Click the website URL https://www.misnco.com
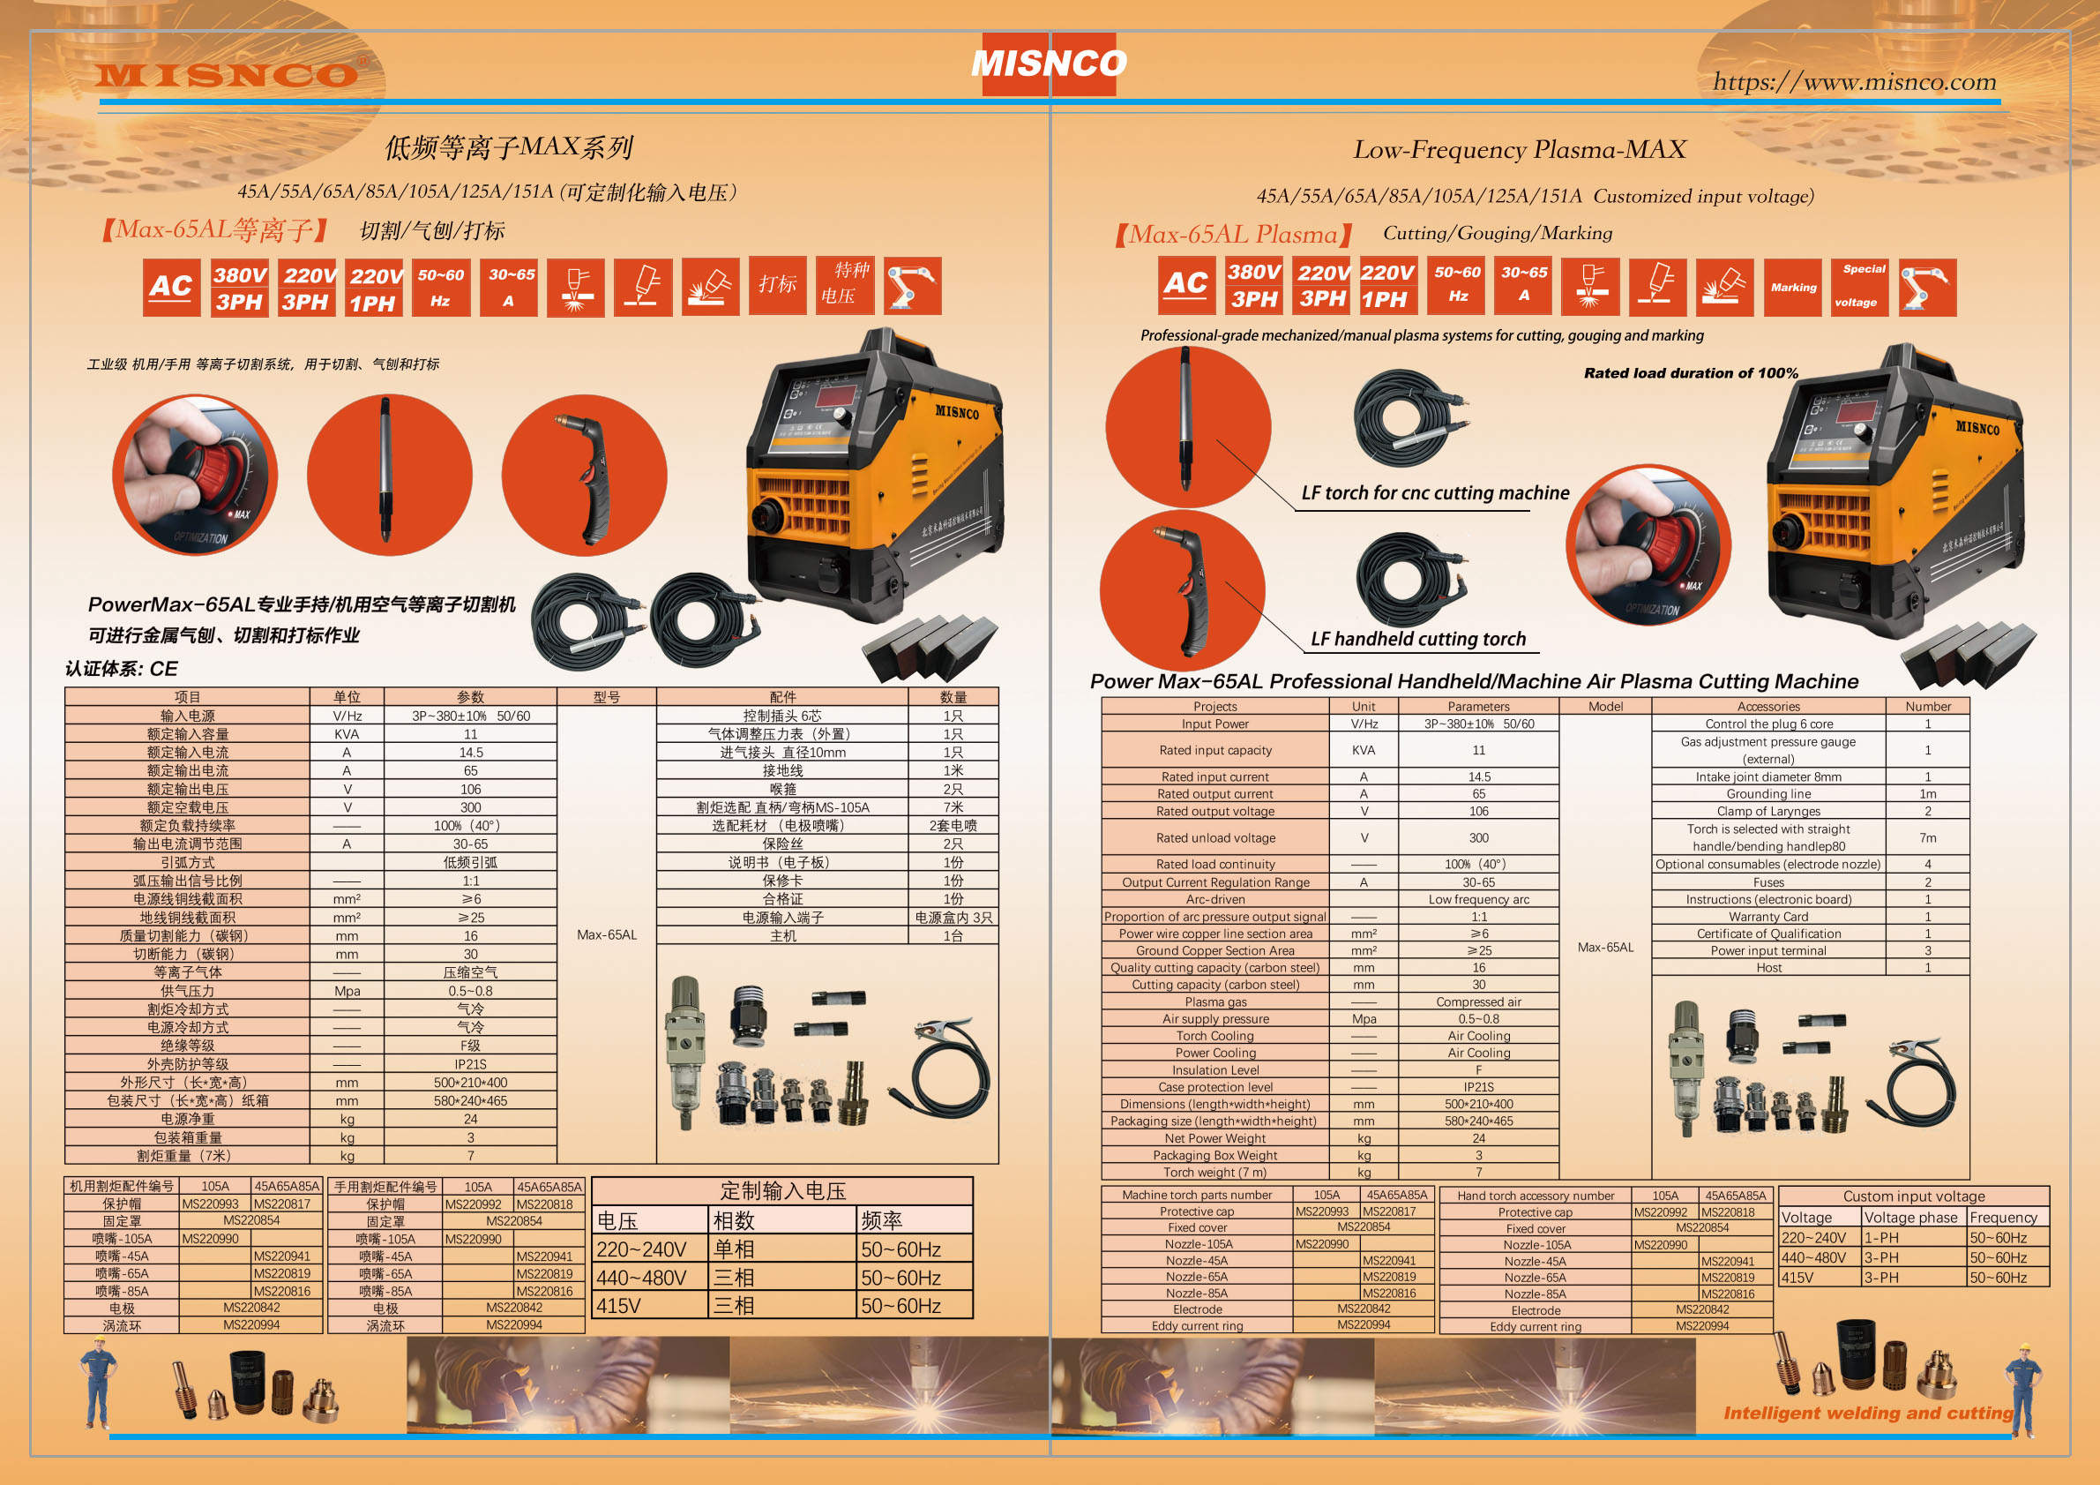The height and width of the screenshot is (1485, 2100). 1854,81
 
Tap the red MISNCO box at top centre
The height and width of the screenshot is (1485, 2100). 1048,64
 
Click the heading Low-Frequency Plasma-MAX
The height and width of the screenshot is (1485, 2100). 1519,149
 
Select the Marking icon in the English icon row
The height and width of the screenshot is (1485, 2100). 1793,288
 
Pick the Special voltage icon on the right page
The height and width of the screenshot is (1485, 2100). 1859,287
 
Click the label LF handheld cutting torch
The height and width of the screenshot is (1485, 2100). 1417,639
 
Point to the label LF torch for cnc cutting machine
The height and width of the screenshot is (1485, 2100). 1434,493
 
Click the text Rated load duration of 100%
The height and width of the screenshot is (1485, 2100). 1690,373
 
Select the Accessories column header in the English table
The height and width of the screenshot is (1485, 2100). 1768,707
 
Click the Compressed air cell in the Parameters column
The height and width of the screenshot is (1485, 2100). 1478,1001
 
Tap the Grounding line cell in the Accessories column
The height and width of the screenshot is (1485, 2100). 1768,794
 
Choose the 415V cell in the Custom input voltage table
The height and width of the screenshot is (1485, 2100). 1797,1278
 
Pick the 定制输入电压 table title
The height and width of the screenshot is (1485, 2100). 782,1190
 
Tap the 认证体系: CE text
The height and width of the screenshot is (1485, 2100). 122,669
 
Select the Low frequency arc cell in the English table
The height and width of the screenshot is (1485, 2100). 1478,899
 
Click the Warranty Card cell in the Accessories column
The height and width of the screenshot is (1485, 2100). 1768,917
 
